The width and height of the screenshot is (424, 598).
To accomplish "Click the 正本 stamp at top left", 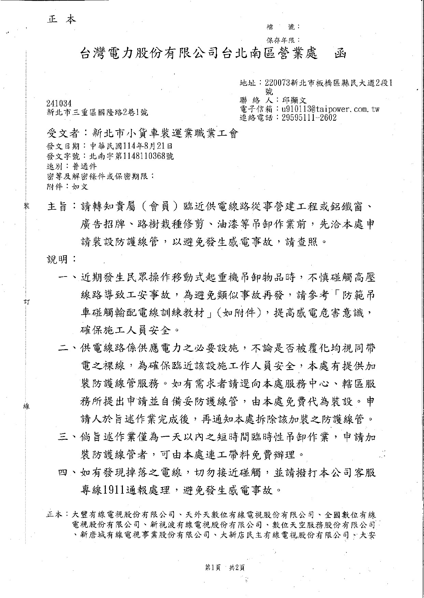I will (61, 19).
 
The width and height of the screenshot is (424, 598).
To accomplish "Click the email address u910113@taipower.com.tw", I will (330, 109).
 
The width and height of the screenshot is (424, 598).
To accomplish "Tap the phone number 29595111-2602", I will (309, 118).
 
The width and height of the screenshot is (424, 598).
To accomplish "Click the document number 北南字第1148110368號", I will (131, 156).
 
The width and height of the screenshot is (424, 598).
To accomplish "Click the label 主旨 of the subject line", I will (57, 207).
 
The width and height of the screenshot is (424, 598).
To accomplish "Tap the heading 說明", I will (57, 259).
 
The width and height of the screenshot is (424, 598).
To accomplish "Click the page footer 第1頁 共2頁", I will (225, 568).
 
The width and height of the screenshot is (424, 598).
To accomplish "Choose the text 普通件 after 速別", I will (84, 166).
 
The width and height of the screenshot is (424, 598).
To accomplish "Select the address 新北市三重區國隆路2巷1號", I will (97, 113).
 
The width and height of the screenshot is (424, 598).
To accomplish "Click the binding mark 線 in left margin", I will (26, 406).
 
